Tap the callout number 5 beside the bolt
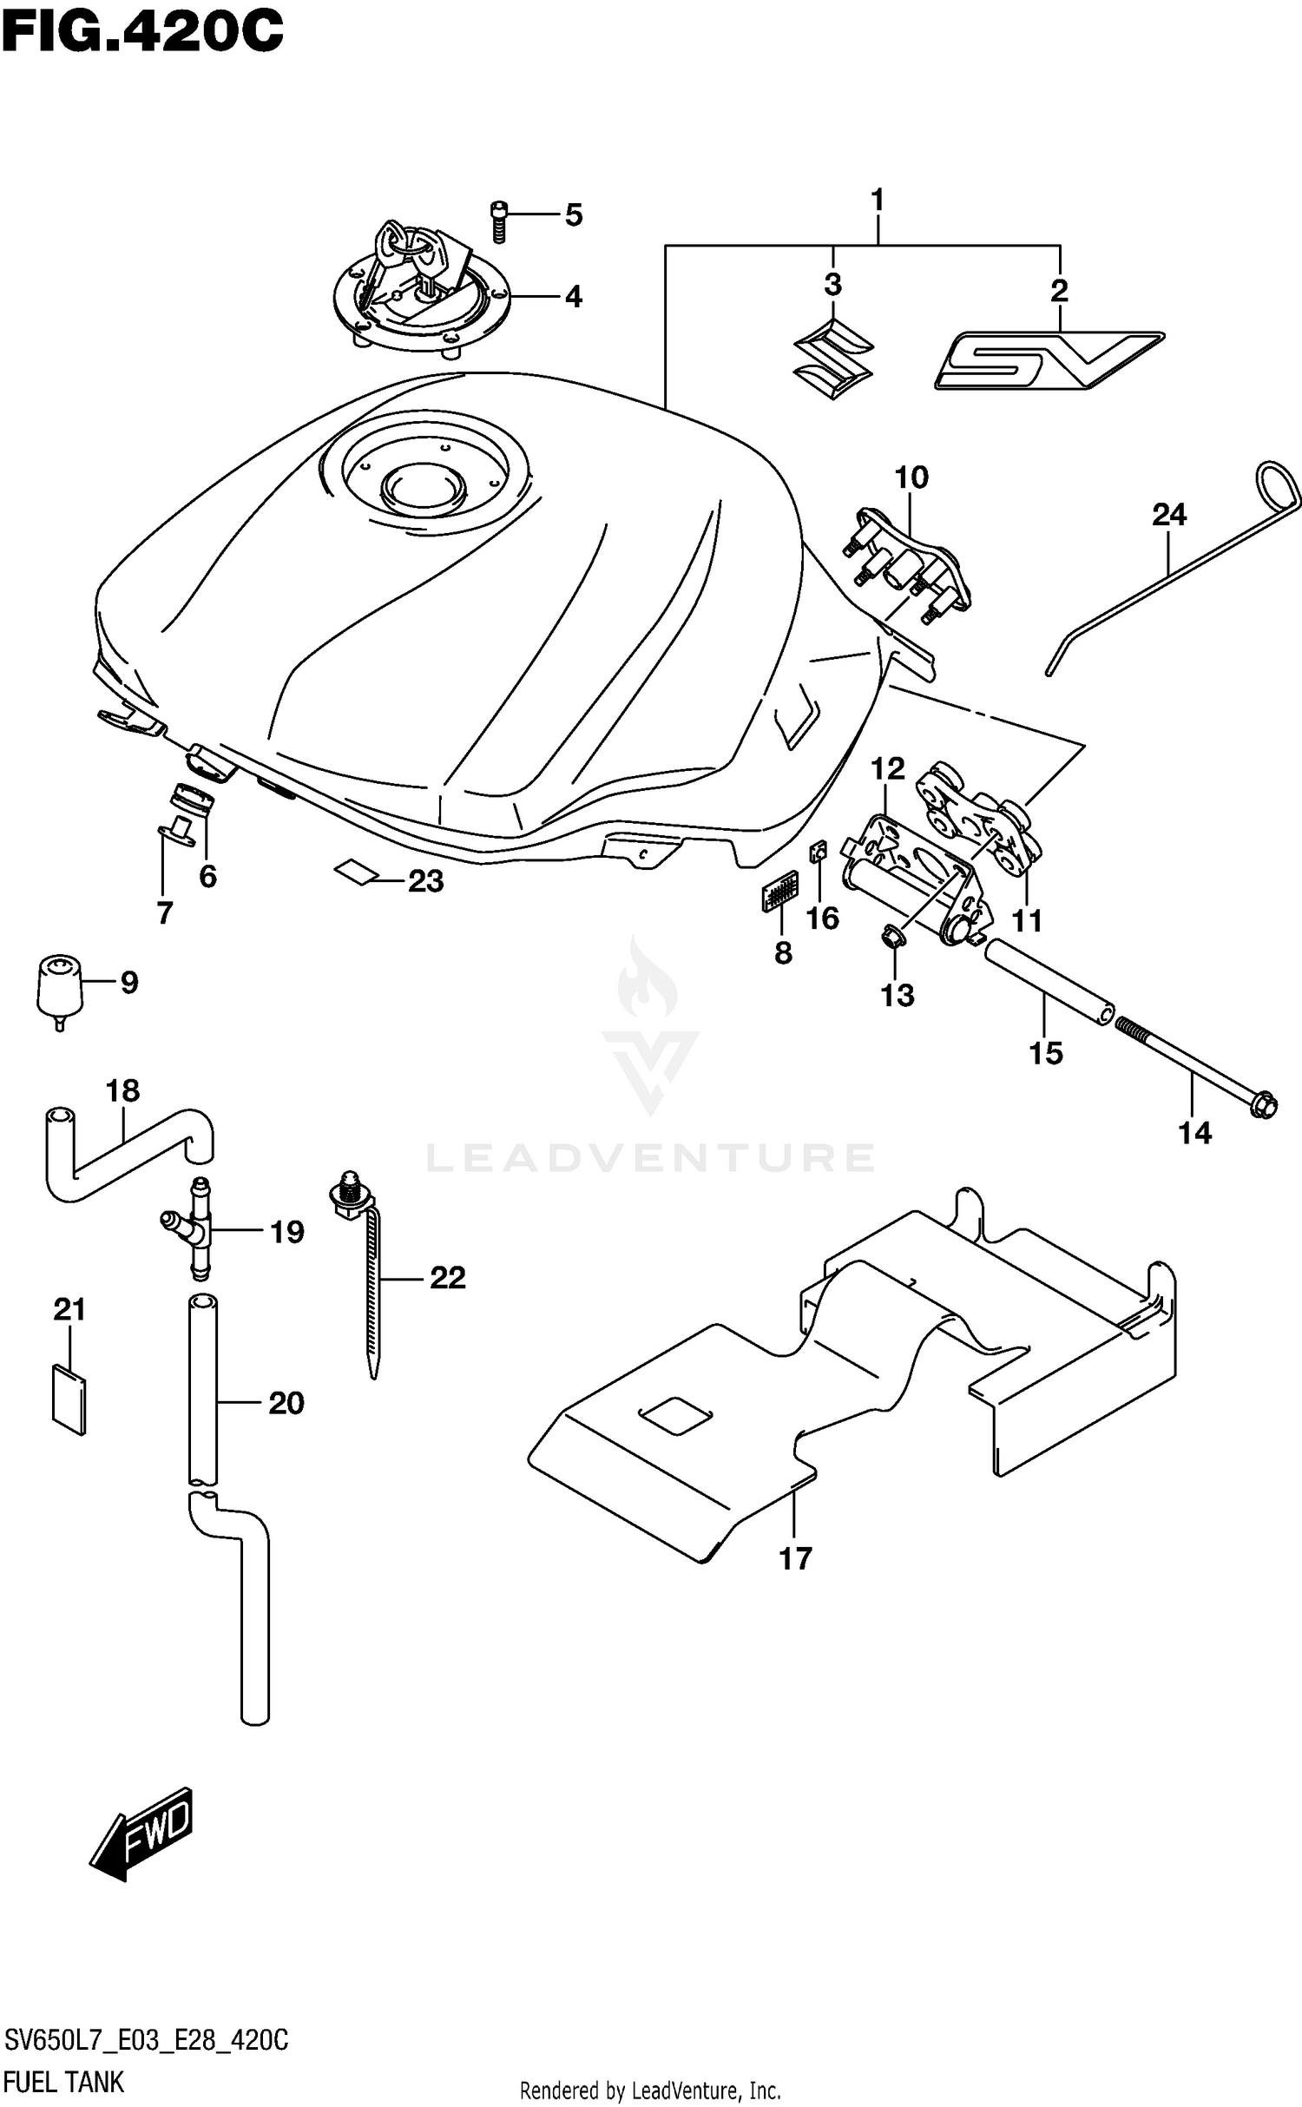coord(574,214)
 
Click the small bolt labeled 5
coord(498,221)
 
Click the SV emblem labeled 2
coord(1048,359)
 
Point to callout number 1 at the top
coord(877,201)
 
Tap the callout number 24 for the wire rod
coord(1168,515)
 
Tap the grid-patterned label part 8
coord(779,890)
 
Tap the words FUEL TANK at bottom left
coord(63,2082)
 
